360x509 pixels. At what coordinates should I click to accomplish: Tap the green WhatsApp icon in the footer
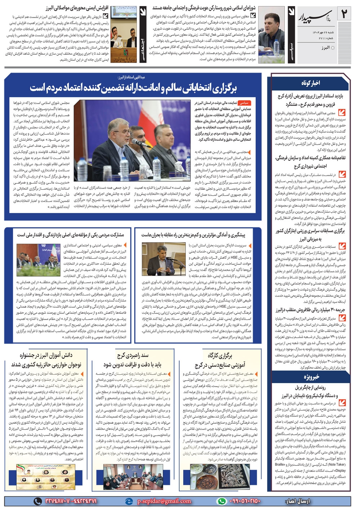222,501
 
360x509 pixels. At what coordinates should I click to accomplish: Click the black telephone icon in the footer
38,501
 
